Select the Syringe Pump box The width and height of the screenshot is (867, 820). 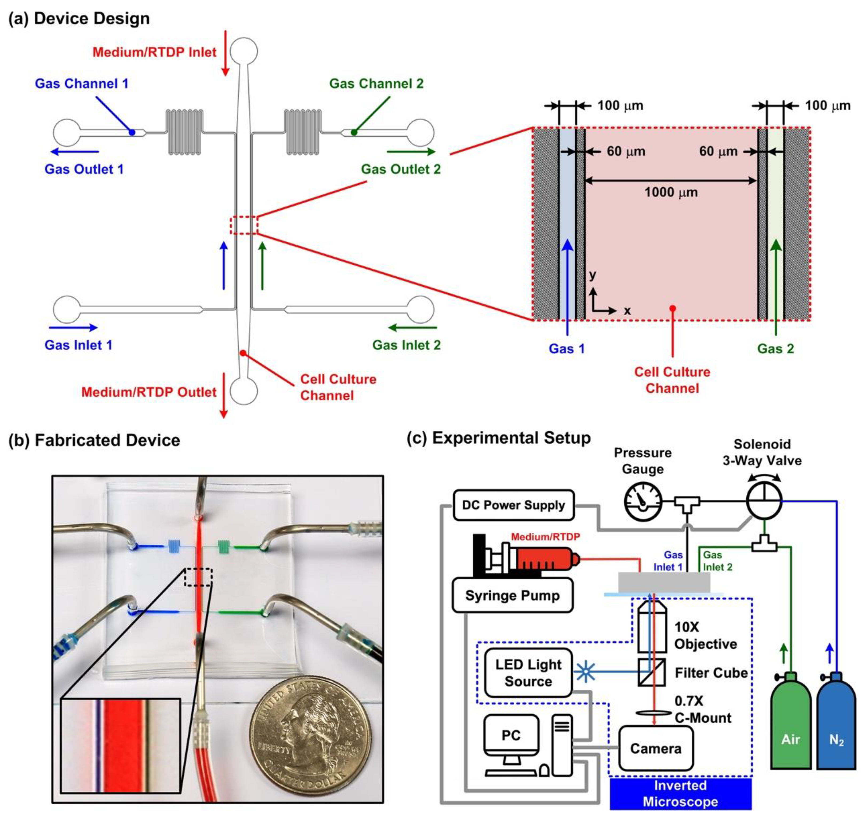[x=512, y=596]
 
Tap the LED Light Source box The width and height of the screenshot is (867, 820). [x=528, y=673]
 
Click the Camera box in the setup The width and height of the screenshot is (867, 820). [x=655, y=749]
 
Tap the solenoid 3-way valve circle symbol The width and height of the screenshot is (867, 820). [x=764, y=501]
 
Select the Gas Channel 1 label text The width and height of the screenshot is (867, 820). [x=82, y=83]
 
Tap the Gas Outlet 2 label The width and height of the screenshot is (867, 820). [x=401, y=169]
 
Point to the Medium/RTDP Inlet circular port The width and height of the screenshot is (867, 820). [x=244, y=51]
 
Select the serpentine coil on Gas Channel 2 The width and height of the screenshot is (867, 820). [x=303, y=132]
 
